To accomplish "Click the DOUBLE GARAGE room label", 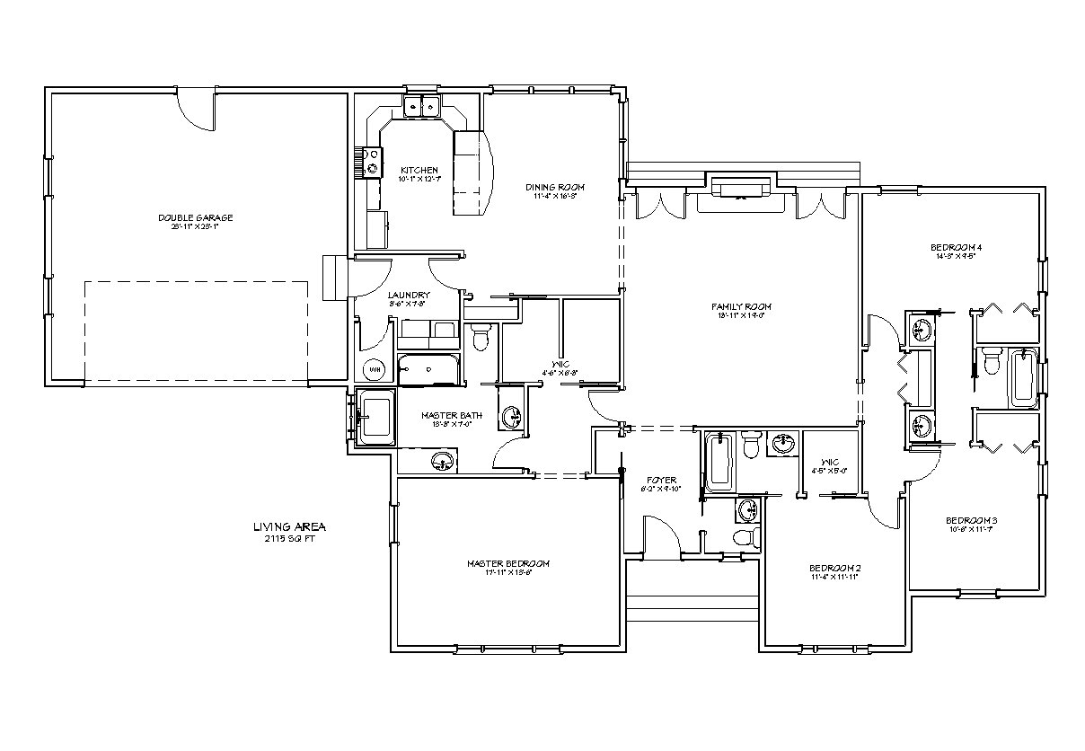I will pyautogui.click(x=195, y=217).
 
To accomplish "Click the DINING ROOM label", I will pyautogui.click(x=555, y=187).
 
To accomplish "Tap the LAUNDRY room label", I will pyautogui.click(x=408, y=295).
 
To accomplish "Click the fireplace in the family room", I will pyautogui.click(x=741, y=187).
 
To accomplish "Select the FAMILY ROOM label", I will pyautogui.click(x=741, y=307).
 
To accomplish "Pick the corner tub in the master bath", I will pyautogui.click(x=376, y=416).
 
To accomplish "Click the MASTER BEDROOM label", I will pyautogui.click(x=507, y=563).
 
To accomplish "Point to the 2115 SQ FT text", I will pyautogui.click(x=289, y=539).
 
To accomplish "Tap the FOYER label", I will pyautogui.click(x=661, y=481).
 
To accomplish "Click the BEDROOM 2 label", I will pyautogui.click(x=834, y=568).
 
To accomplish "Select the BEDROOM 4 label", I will pyautogui.click(x=956, y=247).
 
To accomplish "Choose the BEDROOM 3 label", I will pyautogui.click(x=972, y=520).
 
